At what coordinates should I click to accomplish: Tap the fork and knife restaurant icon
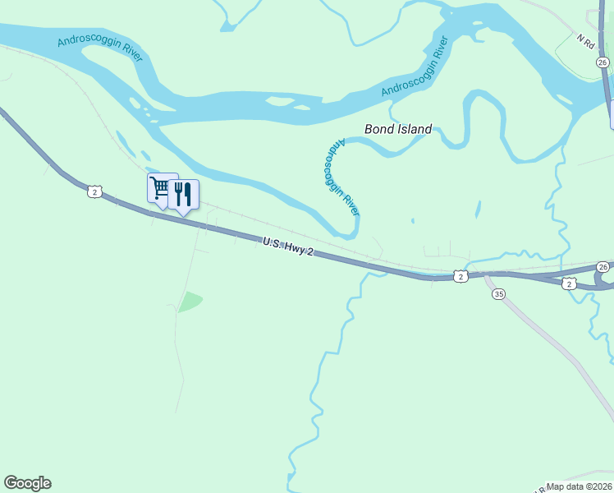(183, 195)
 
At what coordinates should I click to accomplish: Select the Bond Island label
(398, 129)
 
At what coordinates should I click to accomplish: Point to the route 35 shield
(498, 294)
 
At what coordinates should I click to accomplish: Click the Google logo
(27, 483)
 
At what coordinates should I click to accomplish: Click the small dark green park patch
(190, 302)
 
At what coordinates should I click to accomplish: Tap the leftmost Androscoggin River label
(100, 49)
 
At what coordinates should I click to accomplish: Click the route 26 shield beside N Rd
(603, 62)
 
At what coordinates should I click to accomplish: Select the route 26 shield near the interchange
(603, 267)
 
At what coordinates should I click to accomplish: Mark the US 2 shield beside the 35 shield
(461, 277)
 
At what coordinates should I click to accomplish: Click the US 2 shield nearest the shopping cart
(95, 191)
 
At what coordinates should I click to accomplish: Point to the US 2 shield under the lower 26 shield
(570, 283)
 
